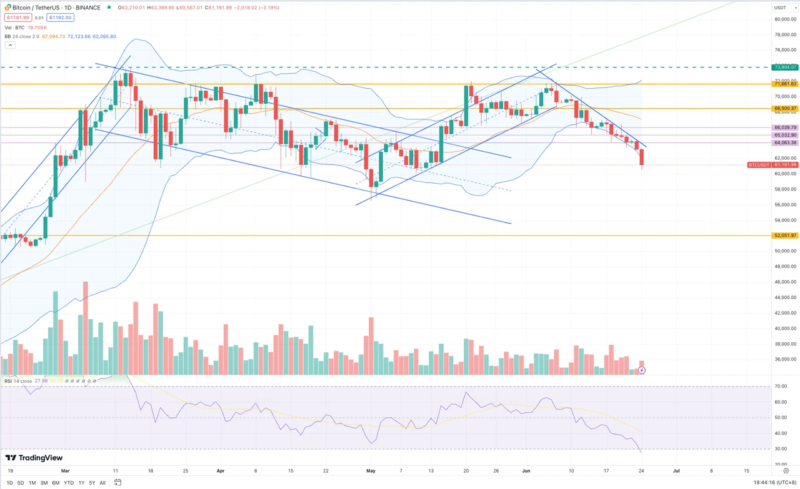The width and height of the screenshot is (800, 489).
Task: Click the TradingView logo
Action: tap(34, 458)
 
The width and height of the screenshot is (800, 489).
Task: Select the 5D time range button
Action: tap(21, 483)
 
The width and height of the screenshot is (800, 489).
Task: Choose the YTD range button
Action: tap(69, 483)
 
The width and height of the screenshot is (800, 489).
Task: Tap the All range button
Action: tap(102, 483)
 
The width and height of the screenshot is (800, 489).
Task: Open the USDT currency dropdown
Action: tap(783, 7)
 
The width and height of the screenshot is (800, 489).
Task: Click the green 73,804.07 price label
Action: tap(785, 67)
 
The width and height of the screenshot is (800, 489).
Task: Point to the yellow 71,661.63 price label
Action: tap(785, 84)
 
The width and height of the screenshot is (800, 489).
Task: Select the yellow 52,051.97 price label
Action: tap(785, 235)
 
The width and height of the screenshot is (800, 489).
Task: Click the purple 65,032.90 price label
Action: tap(785, 135)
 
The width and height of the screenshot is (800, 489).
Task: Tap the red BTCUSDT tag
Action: tap(759, 165)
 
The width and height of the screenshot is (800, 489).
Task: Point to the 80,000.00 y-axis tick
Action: tap(785, 19)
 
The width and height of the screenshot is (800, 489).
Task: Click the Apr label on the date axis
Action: tap(219, 470)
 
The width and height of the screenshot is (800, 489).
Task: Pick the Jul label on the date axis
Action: tap(676, 470)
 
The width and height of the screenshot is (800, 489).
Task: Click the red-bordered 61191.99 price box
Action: tap(17, 18)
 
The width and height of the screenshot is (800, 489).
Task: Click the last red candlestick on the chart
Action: tap(642, 157)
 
